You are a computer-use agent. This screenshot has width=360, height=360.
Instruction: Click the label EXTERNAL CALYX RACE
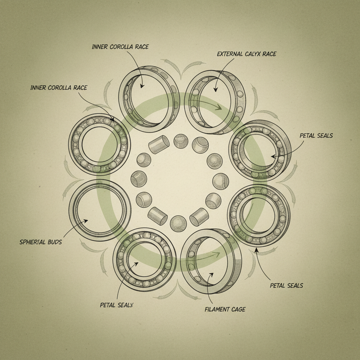point(246,54)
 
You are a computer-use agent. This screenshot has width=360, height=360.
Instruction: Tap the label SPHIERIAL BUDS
point(40,242)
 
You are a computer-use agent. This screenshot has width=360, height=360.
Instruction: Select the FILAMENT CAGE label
point(225,309)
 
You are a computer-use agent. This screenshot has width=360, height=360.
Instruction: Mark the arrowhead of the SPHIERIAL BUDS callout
point(86,221)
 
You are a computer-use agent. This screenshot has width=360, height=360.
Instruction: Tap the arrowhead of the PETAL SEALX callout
point(137,263)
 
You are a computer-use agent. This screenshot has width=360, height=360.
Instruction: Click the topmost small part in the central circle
point(181,141)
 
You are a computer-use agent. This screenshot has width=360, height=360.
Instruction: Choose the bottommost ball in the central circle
point(178,224)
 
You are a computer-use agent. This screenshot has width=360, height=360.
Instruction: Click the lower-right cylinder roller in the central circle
point(199,217)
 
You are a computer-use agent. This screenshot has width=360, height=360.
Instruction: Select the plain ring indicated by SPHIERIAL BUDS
point(100,210)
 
